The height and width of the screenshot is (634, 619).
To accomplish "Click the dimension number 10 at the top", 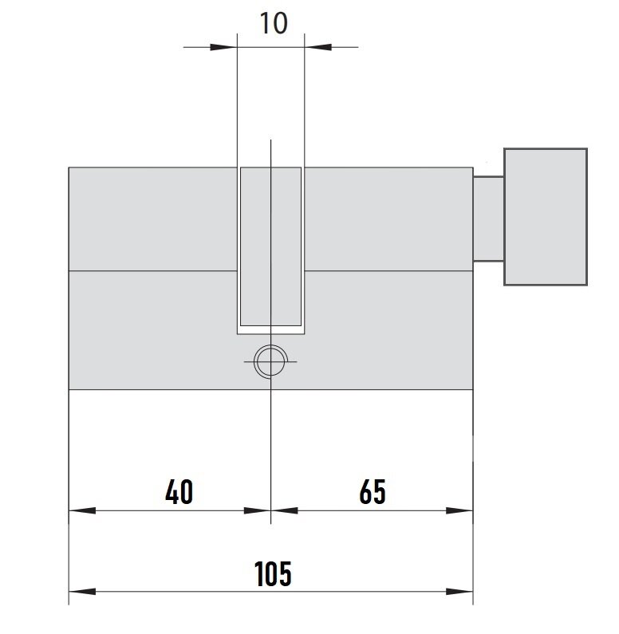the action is tap(274, 23).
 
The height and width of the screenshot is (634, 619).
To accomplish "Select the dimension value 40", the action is tap(179, 492).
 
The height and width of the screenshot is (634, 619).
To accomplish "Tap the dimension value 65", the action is tap(373, 492).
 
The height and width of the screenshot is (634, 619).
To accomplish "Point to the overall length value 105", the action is tap(273, 573).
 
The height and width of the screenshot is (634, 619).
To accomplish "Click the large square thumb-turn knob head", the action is tap(546, 217).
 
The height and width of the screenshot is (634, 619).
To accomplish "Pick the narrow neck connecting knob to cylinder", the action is tap(488, 219).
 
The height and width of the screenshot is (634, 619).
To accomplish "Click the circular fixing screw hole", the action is tap(270, 361).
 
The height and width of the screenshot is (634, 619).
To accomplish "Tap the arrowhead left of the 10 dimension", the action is tap(223, 47).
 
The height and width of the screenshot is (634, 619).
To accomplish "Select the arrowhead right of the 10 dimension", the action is tap(318, 47).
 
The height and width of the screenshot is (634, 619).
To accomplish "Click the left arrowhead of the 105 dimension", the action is tap(82, 592).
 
